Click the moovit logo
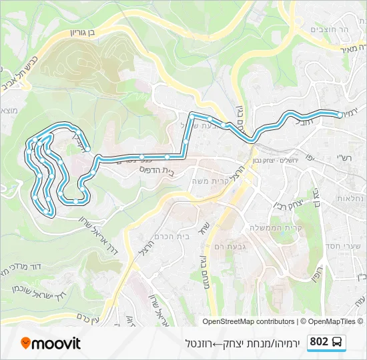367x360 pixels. coord(51,343)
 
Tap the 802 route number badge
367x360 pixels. coord(319,342)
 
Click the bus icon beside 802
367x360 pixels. coord(338,343)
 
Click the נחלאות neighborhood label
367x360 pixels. coord(350,198)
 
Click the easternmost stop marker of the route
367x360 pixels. coord(340,115)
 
